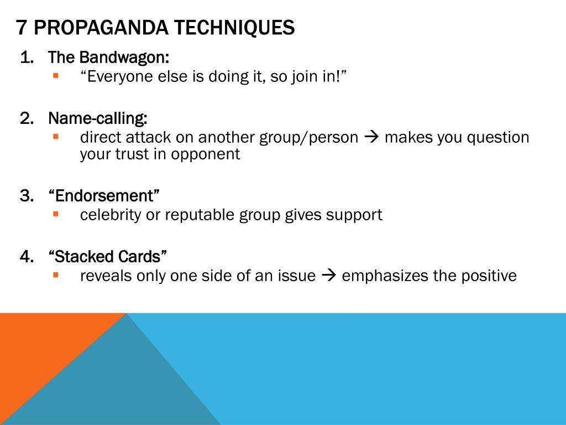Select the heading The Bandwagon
(108, 57)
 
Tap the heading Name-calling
(98, 118)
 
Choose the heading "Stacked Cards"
(108, 256)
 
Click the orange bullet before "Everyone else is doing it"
(55, 75)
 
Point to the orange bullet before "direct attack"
(55, 136)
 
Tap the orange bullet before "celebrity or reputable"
(55, 213)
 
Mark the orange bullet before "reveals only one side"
(55, 274)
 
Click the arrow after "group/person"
(371, 137)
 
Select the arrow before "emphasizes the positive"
(328, 276)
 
